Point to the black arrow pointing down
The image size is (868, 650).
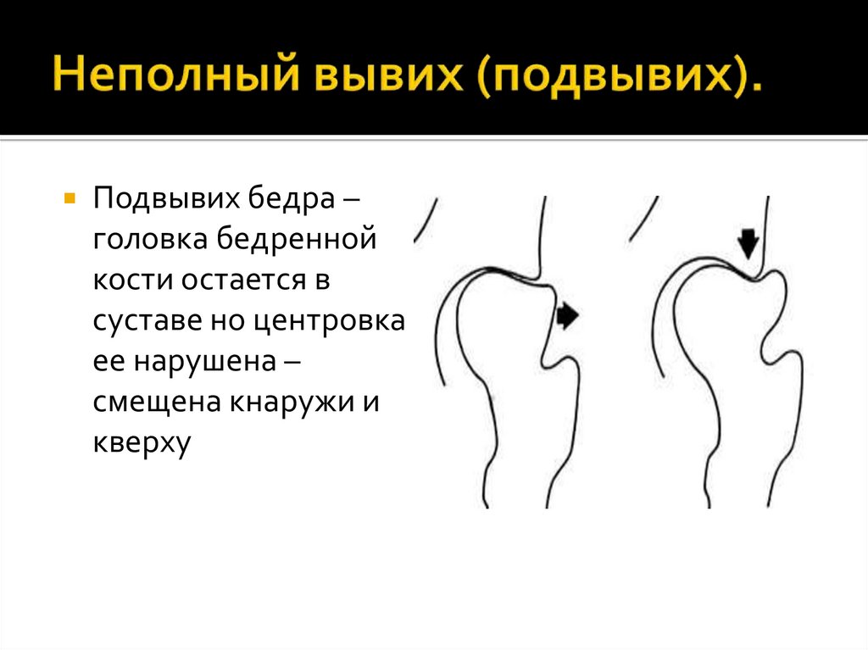point(748,242)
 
